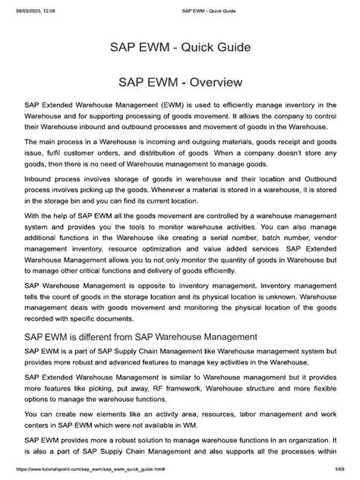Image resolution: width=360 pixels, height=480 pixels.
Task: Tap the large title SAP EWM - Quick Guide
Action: [180, 49]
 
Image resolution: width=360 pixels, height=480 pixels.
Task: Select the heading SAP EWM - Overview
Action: [180, 81]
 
